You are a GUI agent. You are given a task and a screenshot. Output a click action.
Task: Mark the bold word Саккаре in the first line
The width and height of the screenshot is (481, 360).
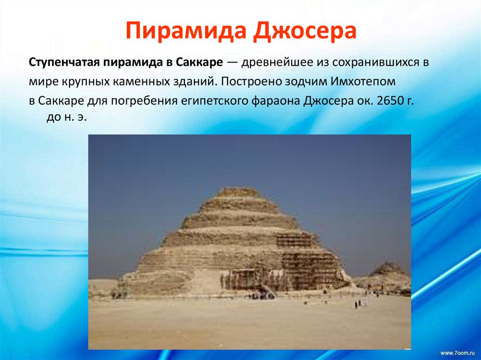pos(197,62)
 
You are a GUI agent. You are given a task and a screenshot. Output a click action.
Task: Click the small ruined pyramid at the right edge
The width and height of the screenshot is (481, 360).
pos(388,270)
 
